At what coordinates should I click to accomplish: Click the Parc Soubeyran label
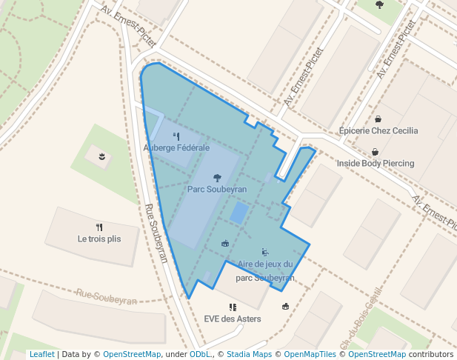(x=216, y=190)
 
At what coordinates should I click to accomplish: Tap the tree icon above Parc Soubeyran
(x=216, y=177)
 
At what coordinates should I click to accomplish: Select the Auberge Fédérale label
(x=176, y=147)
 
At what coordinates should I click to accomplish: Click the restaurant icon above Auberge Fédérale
(x=176, y=136)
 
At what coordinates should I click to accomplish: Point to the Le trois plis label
(x=99, y=239)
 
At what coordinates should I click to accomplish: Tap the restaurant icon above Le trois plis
(x=99, y=227)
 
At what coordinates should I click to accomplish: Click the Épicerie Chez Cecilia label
(x=378, y=131)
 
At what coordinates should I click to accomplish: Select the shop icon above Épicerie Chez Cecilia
(x=378, y=119)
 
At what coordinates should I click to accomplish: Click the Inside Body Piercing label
(x=376, y=163)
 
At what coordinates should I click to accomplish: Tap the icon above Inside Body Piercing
(x=375, y=151)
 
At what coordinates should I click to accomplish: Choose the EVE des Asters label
(x=233, y=319)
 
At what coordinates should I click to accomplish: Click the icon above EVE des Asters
(x=233, y=307)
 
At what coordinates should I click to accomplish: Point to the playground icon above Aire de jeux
(x=265, y=252)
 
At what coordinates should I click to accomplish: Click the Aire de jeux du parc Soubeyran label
(x=265, y=271)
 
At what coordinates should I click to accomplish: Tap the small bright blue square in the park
(x=238, y=213)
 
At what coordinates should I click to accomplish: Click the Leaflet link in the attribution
(x=41, y=355)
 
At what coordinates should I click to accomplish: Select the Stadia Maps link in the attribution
(x=249, y=355)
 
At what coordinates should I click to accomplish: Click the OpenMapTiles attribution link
(x=312, y=355)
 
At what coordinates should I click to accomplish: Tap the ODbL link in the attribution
(x=200, y=355)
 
